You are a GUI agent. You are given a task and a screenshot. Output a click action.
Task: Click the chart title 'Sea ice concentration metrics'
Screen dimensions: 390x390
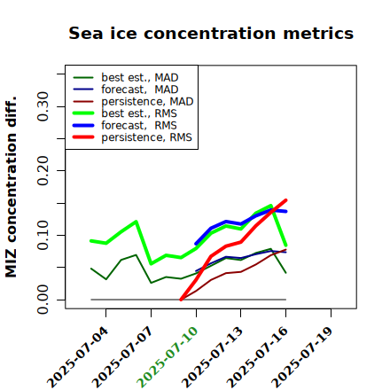(211, 33)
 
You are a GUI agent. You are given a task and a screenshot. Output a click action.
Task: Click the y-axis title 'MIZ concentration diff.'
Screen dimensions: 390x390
(11, 187)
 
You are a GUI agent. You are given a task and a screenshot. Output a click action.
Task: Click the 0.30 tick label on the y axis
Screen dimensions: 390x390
(43, 106)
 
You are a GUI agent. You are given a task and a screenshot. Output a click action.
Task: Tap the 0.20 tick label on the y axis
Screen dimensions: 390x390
(43, 171)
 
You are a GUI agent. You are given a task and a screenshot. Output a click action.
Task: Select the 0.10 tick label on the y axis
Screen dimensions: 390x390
(43, 235)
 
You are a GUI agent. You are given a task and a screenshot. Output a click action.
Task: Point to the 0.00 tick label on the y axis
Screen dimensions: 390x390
(43, 300)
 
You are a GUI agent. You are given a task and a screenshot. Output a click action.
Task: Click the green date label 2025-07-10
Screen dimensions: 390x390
(168, 357)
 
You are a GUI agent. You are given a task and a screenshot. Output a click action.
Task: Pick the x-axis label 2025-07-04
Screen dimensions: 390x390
(77, 357)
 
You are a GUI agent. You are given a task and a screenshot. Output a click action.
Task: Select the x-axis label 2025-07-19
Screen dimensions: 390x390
(302, 357)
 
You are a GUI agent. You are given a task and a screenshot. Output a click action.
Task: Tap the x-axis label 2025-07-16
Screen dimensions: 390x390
(257, 357)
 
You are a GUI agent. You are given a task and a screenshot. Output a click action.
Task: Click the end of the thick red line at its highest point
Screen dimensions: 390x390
(285, 200)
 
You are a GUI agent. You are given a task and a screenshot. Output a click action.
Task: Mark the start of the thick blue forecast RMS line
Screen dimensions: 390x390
(196, 244)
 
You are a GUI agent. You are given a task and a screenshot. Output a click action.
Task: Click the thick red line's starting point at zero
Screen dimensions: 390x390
(181, 300)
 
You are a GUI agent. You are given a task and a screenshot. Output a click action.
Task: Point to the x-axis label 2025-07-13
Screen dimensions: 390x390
(213, 357)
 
